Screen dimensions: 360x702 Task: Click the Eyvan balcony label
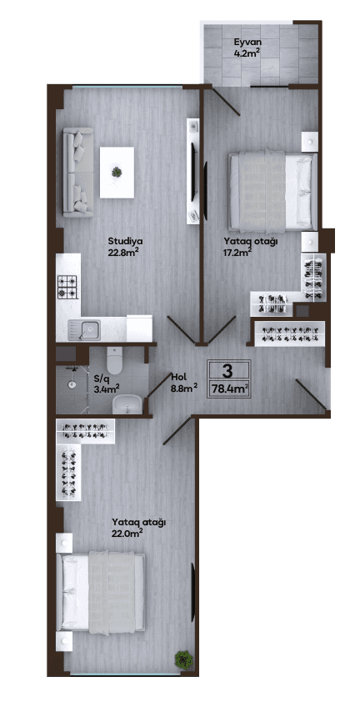point(247,43)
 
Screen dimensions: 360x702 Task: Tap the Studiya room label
point(122,243)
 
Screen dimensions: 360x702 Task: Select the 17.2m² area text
point(237,252)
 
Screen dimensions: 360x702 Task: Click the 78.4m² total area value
point(230,389)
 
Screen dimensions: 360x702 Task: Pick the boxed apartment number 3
point(227,370)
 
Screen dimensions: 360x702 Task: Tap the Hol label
point(178,377)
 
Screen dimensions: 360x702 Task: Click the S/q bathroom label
point(100,378)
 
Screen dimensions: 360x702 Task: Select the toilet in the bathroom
point(115,360)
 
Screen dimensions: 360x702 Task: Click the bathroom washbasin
point(127,404)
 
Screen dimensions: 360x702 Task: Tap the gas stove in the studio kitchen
point(67,287)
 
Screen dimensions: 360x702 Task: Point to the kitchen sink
point(83,330)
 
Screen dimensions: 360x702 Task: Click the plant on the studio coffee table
point(117,172)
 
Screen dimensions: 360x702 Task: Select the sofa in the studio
point(77,173)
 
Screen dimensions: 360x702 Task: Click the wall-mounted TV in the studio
point(194,172)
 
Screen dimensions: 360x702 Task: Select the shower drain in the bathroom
point(71,384)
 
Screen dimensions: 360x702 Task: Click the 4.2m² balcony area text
point(247,53)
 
